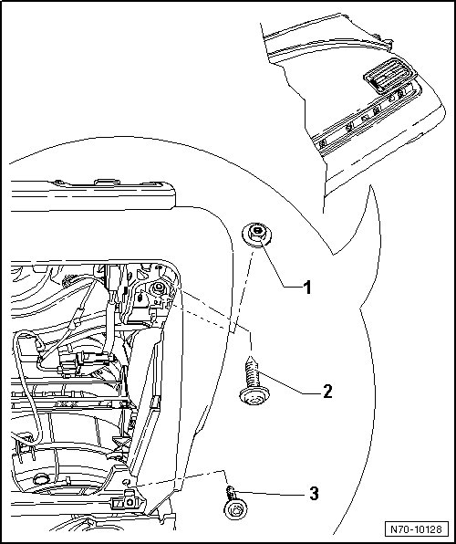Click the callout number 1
point(307,288)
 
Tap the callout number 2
point(327,392)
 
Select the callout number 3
point(314,494)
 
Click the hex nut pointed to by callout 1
point(256,235)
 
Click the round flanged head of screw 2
point(254,396)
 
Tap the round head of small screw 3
point(236,510)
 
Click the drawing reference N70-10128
point(416,529)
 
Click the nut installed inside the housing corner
point(159,288)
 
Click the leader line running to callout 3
point(271,492)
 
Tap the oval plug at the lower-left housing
point(40,480)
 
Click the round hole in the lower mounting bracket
point(130,502)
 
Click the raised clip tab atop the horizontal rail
point(107,182)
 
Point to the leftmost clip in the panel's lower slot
point(323,143)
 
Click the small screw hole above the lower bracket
point(127,482)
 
